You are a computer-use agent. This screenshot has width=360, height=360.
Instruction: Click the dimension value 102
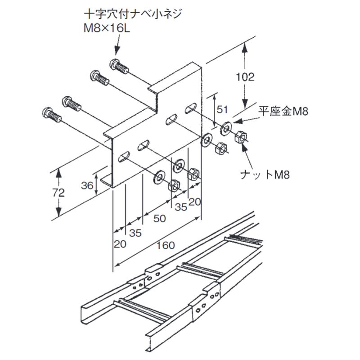point(245,76)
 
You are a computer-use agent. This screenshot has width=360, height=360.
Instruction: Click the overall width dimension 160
point(165,246)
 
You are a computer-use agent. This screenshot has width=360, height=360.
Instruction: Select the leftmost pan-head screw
point(51,114)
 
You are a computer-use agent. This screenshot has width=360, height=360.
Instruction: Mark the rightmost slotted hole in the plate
point(191,108)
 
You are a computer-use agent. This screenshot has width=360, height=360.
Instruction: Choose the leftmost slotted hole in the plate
point(123,157)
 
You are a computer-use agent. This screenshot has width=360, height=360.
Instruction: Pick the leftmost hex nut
point(174,185)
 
